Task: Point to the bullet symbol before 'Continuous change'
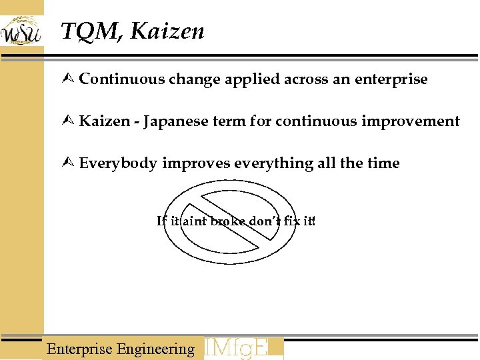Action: coord(69,79)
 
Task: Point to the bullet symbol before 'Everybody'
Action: coord(69,163)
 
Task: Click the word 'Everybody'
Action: coord(118,163)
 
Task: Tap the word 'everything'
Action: coord(269,163)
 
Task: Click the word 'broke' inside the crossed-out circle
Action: coord(228,221)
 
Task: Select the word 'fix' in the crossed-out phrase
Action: coord(291,221)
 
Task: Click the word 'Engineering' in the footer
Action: coord(155,349)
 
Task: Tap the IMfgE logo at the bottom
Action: coord(243,348)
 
